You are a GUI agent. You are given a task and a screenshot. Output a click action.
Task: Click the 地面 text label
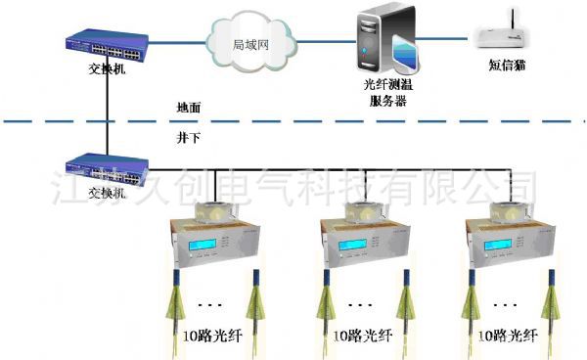click(189, 105)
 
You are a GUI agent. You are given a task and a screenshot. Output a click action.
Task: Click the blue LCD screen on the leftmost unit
click(192, 244)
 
